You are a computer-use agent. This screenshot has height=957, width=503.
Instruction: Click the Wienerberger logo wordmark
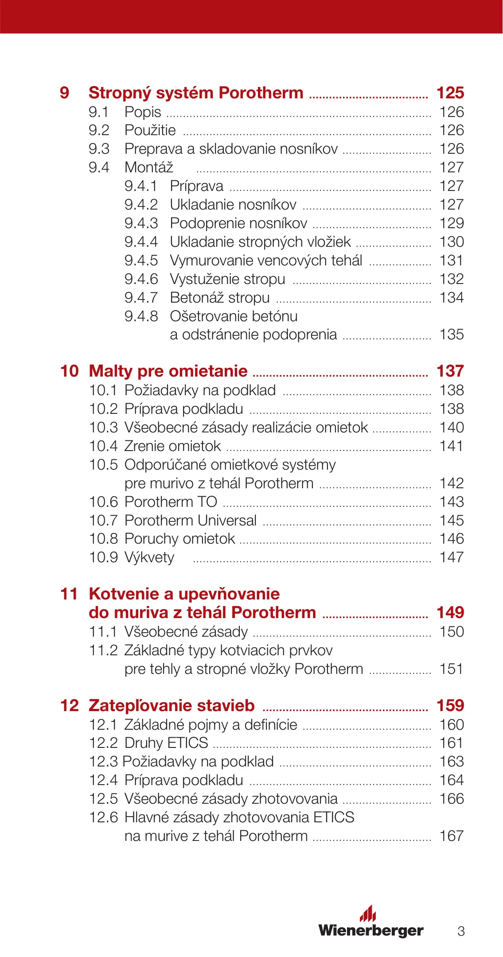pos(371,930)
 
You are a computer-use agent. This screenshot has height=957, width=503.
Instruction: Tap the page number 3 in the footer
pos(461,931)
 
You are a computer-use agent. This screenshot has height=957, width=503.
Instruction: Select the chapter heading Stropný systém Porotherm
pos(196,93)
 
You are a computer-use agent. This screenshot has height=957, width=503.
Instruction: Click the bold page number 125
pos(450,93)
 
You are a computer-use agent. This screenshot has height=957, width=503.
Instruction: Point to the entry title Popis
pos(143,112)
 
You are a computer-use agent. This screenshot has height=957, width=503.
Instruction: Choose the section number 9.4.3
pos(141,223)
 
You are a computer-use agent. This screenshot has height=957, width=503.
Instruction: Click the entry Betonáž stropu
pos(220,297)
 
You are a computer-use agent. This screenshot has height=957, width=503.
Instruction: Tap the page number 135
pos(452,334)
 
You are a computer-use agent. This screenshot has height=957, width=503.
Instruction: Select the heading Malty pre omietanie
pos(168,371)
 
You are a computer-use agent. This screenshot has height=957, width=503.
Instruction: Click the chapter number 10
pos(69,371)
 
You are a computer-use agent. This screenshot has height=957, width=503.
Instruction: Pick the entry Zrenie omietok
pos(172,446)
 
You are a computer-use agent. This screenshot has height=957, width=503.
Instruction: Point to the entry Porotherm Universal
pos(191,520)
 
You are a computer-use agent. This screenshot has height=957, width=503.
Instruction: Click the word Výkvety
pos(149,557)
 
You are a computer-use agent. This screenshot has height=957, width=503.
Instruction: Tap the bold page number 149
pos(450,612)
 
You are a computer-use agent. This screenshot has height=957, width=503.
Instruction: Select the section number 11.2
pos(103,650)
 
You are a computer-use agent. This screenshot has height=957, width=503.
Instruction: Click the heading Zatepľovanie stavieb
pos(172,705)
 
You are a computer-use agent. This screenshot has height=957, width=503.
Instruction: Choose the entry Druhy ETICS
pos(166,743)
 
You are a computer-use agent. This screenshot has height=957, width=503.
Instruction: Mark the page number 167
pos(452,836)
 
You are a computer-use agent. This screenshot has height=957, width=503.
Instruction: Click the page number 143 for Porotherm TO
pos(452,502)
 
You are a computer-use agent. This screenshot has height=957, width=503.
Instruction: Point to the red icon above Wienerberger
pos(368,913)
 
